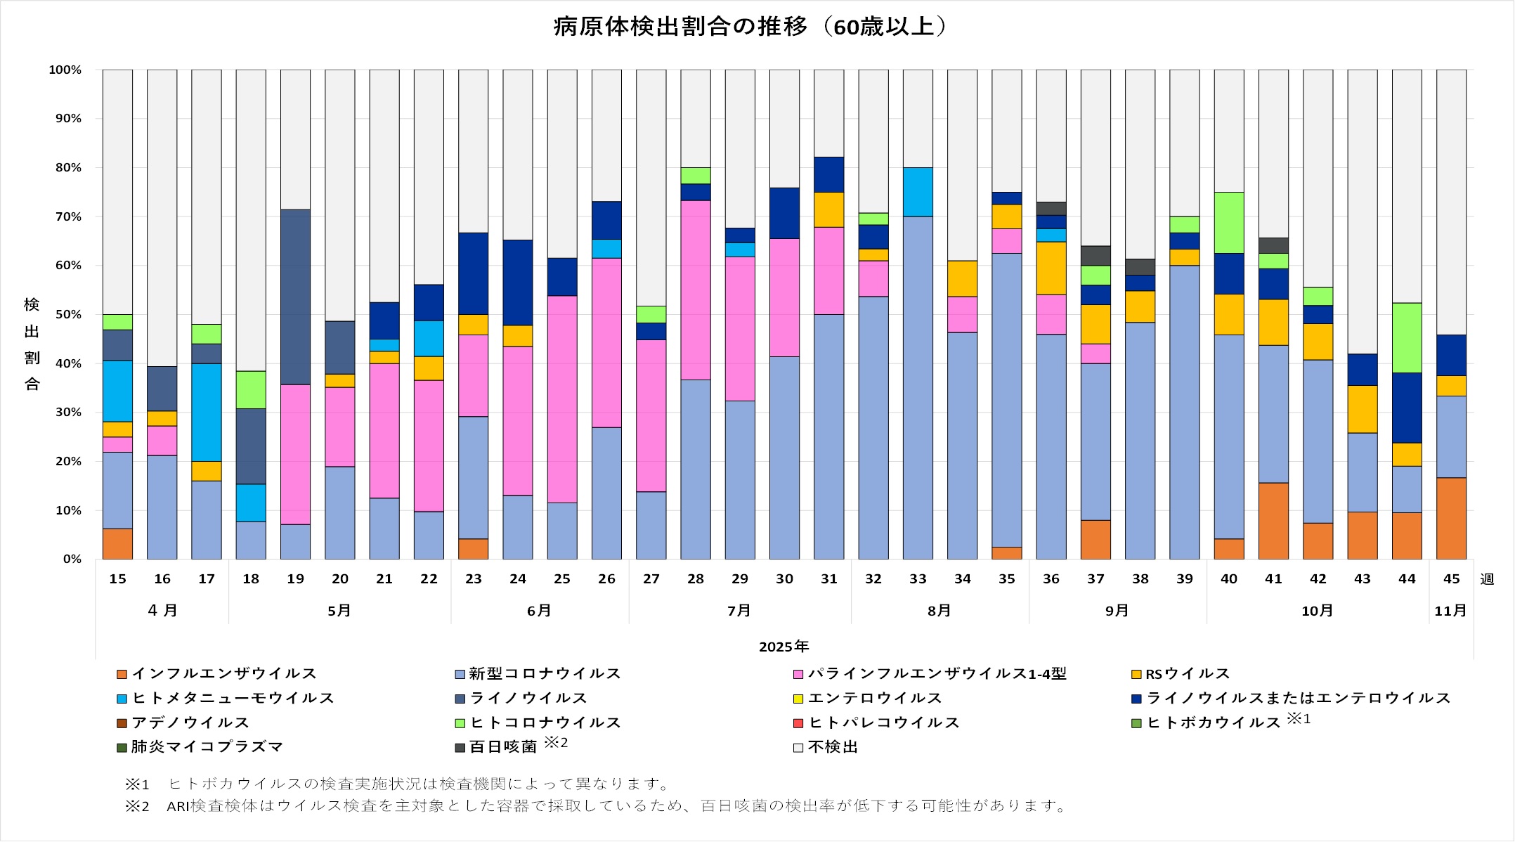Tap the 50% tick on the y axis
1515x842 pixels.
coord(65,314)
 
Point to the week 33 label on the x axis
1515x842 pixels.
coord(918,579)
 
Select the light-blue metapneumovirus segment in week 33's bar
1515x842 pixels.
coord(918,192)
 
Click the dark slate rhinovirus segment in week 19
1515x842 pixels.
coord(295,297)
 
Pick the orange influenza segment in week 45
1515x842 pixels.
coord(1451,519)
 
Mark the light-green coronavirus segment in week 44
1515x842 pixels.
coord(1407,338)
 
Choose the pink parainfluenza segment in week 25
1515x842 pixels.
coord(562,399)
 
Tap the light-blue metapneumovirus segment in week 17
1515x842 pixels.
coord(207,412)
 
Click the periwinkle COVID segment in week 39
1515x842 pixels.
coord(1185,412)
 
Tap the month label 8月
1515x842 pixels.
coord(939,611)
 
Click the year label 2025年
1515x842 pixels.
coord(783,647)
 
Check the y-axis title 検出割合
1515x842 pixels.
coord(32,344)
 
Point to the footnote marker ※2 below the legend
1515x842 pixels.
coord(137,806)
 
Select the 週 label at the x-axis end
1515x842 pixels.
coord(1487,579)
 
